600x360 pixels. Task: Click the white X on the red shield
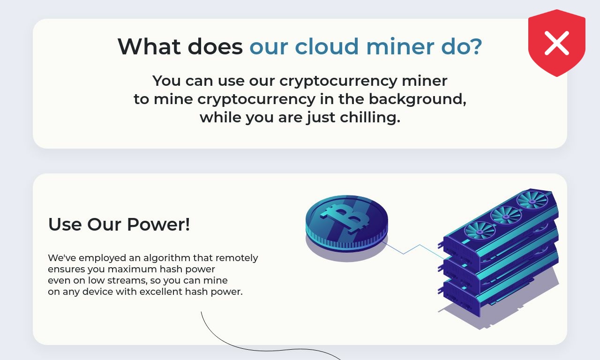(556, 43)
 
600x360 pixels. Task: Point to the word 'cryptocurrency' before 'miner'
(338, 82)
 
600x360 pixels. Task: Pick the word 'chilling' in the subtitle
(370, 118)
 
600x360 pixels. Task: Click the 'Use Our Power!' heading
(119, 224)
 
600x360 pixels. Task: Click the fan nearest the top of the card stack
(532, 201)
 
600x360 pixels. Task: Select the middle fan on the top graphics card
(506, 216)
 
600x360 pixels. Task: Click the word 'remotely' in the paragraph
(237, 258)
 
